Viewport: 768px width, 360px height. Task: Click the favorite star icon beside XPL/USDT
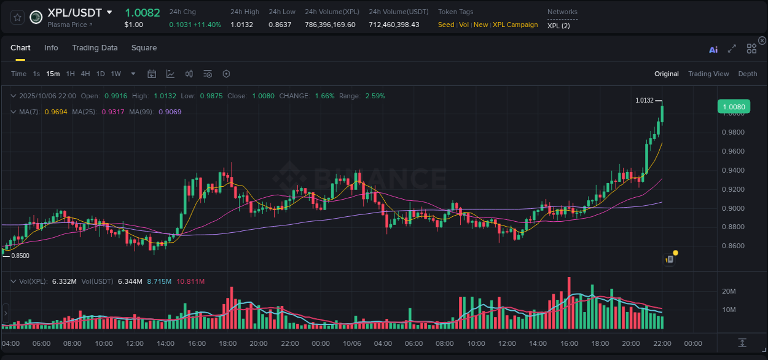click(17, 17)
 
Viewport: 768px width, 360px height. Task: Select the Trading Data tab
click(95, 48)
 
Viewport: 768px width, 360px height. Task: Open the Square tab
click(144, 48)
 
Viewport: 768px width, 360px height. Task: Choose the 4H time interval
click(85, 74)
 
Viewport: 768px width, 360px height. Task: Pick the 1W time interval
click(116, 74)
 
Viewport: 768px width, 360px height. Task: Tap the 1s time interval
click(36, 74)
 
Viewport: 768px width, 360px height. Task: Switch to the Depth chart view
click(747, 74)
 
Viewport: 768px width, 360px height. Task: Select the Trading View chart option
click(708, 74)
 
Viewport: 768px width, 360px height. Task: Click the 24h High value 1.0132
click(241, 25)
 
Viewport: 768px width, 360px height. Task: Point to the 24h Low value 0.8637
click(280, 25)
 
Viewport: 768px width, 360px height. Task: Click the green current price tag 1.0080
click(733, 107)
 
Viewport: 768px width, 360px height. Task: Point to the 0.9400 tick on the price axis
click(733, 170)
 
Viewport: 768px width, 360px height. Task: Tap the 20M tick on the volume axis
click(729, 291)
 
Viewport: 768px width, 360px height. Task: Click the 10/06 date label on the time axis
click(351, 343)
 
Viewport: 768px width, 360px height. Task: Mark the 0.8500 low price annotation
click(20, 256)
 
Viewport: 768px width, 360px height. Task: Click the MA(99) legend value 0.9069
click(170, 112)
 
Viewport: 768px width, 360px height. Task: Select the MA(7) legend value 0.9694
click(56, 112)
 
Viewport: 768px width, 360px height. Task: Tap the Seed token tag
click(446, 25)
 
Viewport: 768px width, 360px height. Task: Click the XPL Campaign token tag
click(515, 25)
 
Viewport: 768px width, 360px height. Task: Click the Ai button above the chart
click(713, 50)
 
